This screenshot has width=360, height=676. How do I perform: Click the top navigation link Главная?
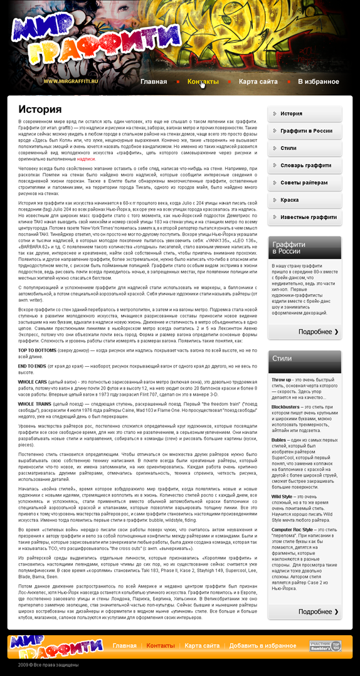click(x=154, y=82)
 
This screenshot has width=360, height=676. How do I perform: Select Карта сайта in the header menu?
click(x=258, y=82)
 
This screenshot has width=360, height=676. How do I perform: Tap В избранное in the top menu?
click(x=318, y=82)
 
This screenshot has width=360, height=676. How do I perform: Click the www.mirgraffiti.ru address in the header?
click(x=71, y=82)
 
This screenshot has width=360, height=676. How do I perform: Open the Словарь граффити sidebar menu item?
click(x=305, y=166)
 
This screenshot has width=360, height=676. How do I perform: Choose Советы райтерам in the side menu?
click(x=304, y=182)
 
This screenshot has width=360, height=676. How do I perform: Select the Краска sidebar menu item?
click(x=289, y=200)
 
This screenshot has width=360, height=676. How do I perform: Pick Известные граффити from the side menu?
click(x=308, y=217)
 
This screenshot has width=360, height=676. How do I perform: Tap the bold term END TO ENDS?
click(x=31, y=366)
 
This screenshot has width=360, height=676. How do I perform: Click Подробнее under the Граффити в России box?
click(x=318, y=332)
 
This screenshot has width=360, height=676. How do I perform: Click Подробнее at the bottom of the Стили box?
click(x=318, y=611)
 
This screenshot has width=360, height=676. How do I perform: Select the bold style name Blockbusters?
click(x=285, y=407)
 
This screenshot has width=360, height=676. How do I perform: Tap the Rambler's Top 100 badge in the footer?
click(x=325, y=646)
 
